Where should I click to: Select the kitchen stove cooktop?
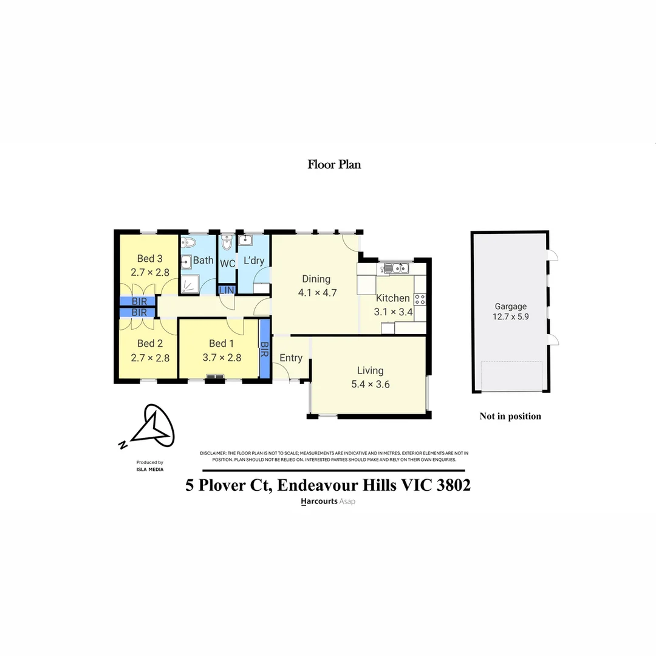(x=420, y=299)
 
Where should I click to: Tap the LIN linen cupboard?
(x=226, y=290)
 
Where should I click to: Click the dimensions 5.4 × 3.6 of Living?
(x=370, y=384)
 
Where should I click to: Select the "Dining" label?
(x=316, y=279)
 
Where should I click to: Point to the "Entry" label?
(x=291, y=358)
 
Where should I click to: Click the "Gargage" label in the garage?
(x=510, y=307)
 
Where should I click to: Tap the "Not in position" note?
(x=510, y=416)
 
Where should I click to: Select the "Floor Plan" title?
(x=334, y=164)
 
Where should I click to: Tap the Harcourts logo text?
(x=319, y=502)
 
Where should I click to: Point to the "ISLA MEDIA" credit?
(x=149, y=469)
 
